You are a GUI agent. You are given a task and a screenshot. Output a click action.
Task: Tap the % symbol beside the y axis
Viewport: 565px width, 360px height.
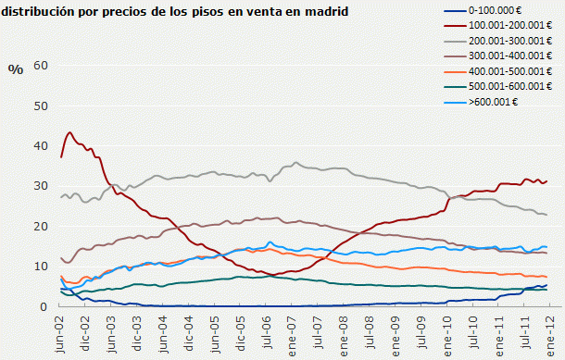pyautogui.click(x=14, y=69)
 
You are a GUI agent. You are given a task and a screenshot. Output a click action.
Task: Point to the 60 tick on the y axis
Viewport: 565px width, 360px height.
pyautogui.click(x=40, y=65)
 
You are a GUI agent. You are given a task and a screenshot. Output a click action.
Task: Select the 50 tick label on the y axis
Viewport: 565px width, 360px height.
pyautogui.click(x=40, y=106)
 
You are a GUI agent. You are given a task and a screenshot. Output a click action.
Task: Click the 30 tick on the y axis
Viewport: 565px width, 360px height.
pyautogui.click(x=40, y=186)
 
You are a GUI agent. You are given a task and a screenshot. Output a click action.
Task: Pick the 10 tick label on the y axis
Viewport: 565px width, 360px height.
pyautogui.click(x=40, y=267)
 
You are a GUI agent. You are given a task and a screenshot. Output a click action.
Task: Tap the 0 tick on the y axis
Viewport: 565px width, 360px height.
pyautogui.click(x=44, y=306)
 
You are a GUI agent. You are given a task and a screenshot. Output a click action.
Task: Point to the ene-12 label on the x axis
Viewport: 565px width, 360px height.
pyautogui.click(x=549, y=331)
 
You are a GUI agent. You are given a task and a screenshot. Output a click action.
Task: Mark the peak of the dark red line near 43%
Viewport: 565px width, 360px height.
pyautogui.click(x=69, y=132)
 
